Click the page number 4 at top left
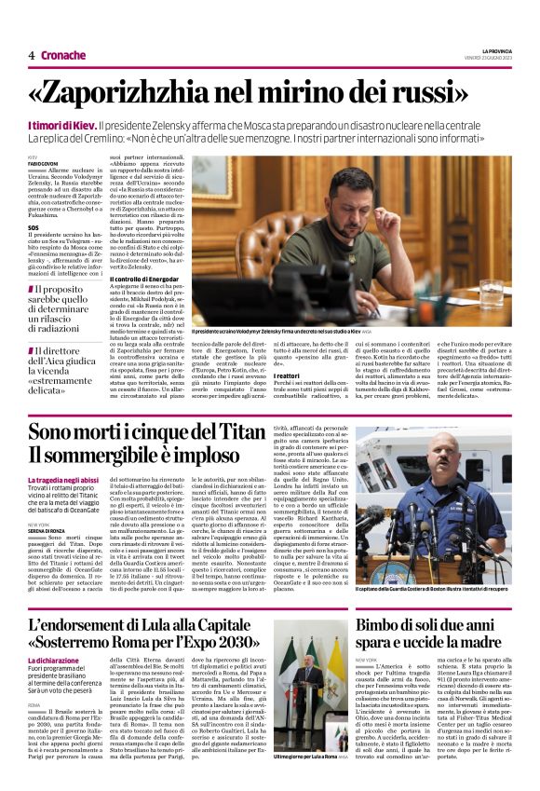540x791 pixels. point(31,55)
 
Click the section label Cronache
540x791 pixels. point(62,55)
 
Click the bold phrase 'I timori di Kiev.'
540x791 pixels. point(61,124)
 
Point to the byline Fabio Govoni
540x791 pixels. point(43,165)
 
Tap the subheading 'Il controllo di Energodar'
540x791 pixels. point(142,279)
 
